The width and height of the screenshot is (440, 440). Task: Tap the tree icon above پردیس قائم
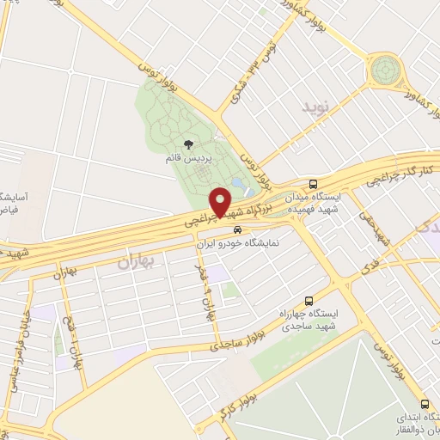pyautogui.click(x=188, y=144)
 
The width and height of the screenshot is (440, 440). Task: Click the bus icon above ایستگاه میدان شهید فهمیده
pyautogui.click(x=314, y=183)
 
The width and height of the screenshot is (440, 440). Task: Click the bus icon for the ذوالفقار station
pyautogui.click(x=424, y=404)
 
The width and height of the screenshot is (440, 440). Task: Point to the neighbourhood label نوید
pyautogui.click(x=315, y=108)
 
